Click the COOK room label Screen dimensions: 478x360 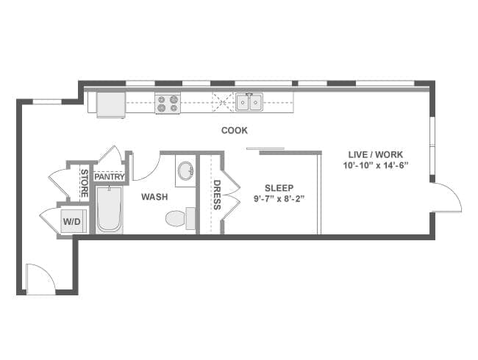(x=234, y=130)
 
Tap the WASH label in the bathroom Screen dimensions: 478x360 (x=154, y=197)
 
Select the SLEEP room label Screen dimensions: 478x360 (x=279, y=188)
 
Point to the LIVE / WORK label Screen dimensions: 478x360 (x=376, y=154)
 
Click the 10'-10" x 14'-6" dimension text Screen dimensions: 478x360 (x=376, y=166)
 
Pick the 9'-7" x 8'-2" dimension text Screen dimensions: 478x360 (x=279, y=199)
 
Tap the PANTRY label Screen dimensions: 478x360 (x=110, y=176)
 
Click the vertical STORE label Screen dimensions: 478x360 (x=85, y=184)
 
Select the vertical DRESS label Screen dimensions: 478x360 (x=217, y=195)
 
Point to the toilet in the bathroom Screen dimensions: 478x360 (x=180, y=218)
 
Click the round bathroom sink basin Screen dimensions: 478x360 (x=185, y=170)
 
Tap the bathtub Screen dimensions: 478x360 (x=110, y=210)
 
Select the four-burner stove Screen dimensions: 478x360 (x=168, y=104)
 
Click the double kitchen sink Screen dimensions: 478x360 (x=249, y=102)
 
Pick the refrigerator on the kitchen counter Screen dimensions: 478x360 (x=110, y=104)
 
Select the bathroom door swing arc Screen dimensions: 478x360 (x=147, y=167)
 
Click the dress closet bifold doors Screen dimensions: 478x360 (x=231, y=195)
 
